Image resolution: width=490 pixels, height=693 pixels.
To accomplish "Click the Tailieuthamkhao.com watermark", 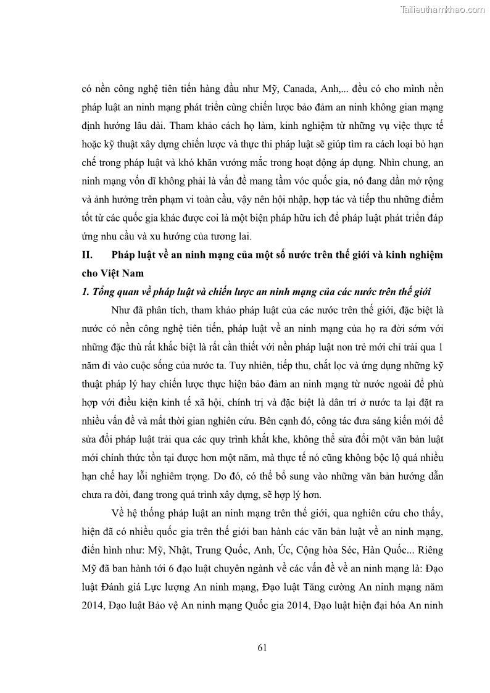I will point(443,9).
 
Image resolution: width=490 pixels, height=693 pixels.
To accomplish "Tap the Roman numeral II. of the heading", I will point(87,254).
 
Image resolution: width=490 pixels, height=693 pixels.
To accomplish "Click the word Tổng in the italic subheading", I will point(105,291).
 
